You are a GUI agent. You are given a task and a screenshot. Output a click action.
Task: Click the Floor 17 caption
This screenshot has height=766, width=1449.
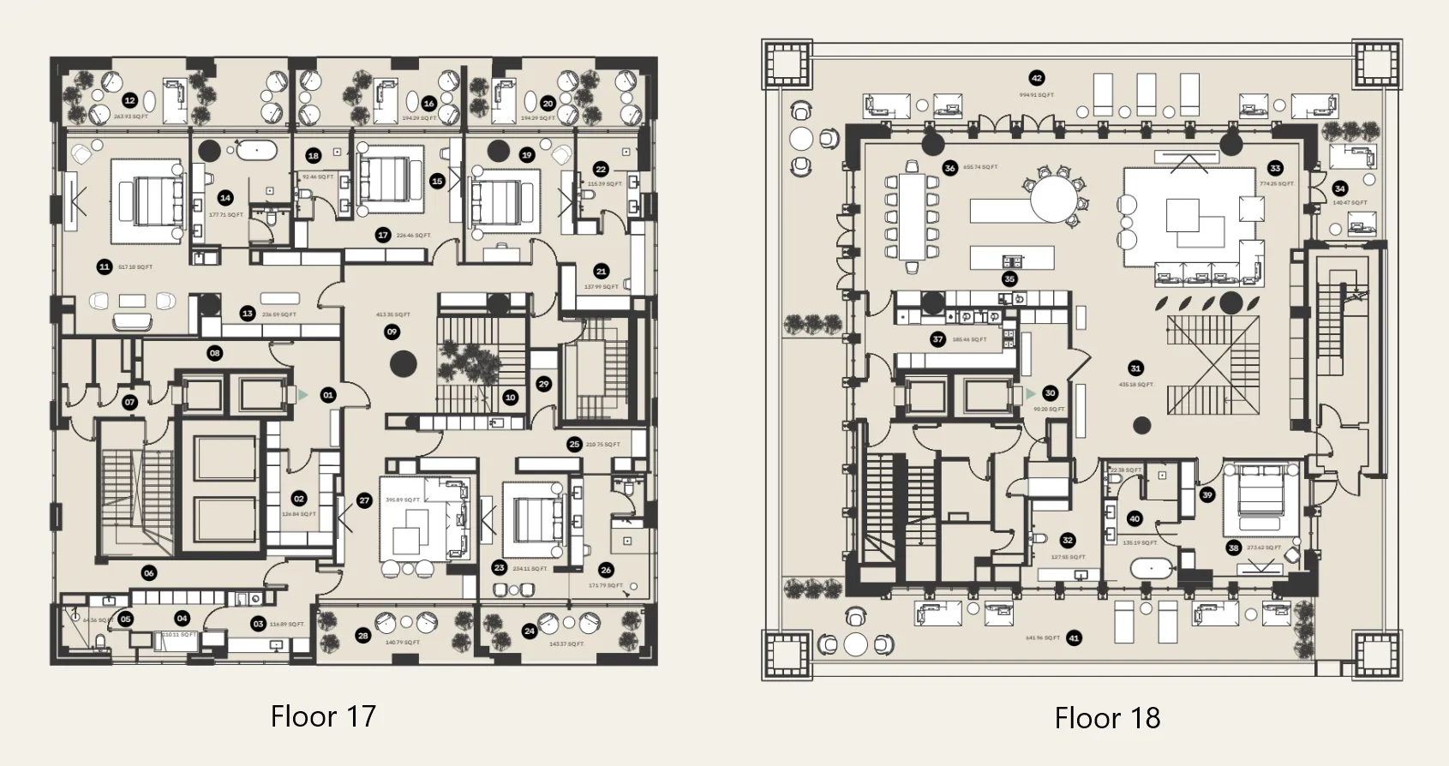[x=323, y=716]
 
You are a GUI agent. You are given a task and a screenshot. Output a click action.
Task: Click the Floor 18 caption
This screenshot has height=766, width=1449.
[x=1107, y=718]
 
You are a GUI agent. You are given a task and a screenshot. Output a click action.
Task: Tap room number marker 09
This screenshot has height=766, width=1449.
[x=392, y=332]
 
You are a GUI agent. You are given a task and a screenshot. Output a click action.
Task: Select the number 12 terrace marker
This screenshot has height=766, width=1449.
[x=129, y=100]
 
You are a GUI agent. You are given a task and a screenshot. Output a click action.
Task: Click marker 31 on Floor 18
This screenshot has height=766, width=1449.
[x=1135, y=368]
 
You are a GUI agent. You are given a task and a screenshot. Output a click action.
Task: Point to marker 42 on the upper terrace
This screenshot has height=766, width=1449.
[x=1037, y=77]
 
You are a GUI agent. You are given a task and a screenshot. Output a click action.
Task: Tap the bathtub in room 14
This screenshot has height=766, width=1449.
[x=256, y=151]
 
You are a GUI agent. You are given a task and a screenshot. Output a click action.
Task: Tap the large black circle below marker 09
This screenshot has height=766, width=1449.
[x=404, y=364]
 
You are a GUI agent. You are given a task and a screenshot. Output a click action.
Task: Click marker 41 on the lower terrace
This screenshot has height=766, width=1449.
[x=1074, y=637]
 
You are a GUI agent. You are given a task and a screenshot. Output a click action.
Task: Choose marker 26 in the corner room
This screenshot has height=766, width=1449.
[x=606, y=570]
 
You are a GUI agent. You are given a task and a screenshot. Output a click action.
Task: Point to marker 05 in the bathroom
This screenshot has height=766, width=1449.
[x=125, y=619]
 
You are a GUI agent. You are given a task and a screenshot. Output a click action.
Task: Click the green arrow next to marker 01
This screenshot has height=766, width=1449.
[x=302, y=395]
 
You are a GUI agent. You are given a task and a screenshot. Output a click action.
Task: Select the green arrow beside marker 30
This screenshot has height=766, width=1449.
[x=1031, y=393]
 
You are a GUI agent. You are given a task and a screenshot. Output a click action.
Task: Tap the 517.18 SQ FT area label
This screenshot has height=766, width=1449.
[x=135, y=267]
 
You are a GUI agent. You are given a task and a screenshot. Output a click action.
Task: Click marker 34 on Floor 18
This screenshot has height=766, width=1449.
[x=1339, y=189]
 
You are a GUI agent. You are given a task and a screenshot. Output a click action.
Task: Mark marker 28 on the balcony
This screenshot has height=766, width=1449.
[x=363, y=636]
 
